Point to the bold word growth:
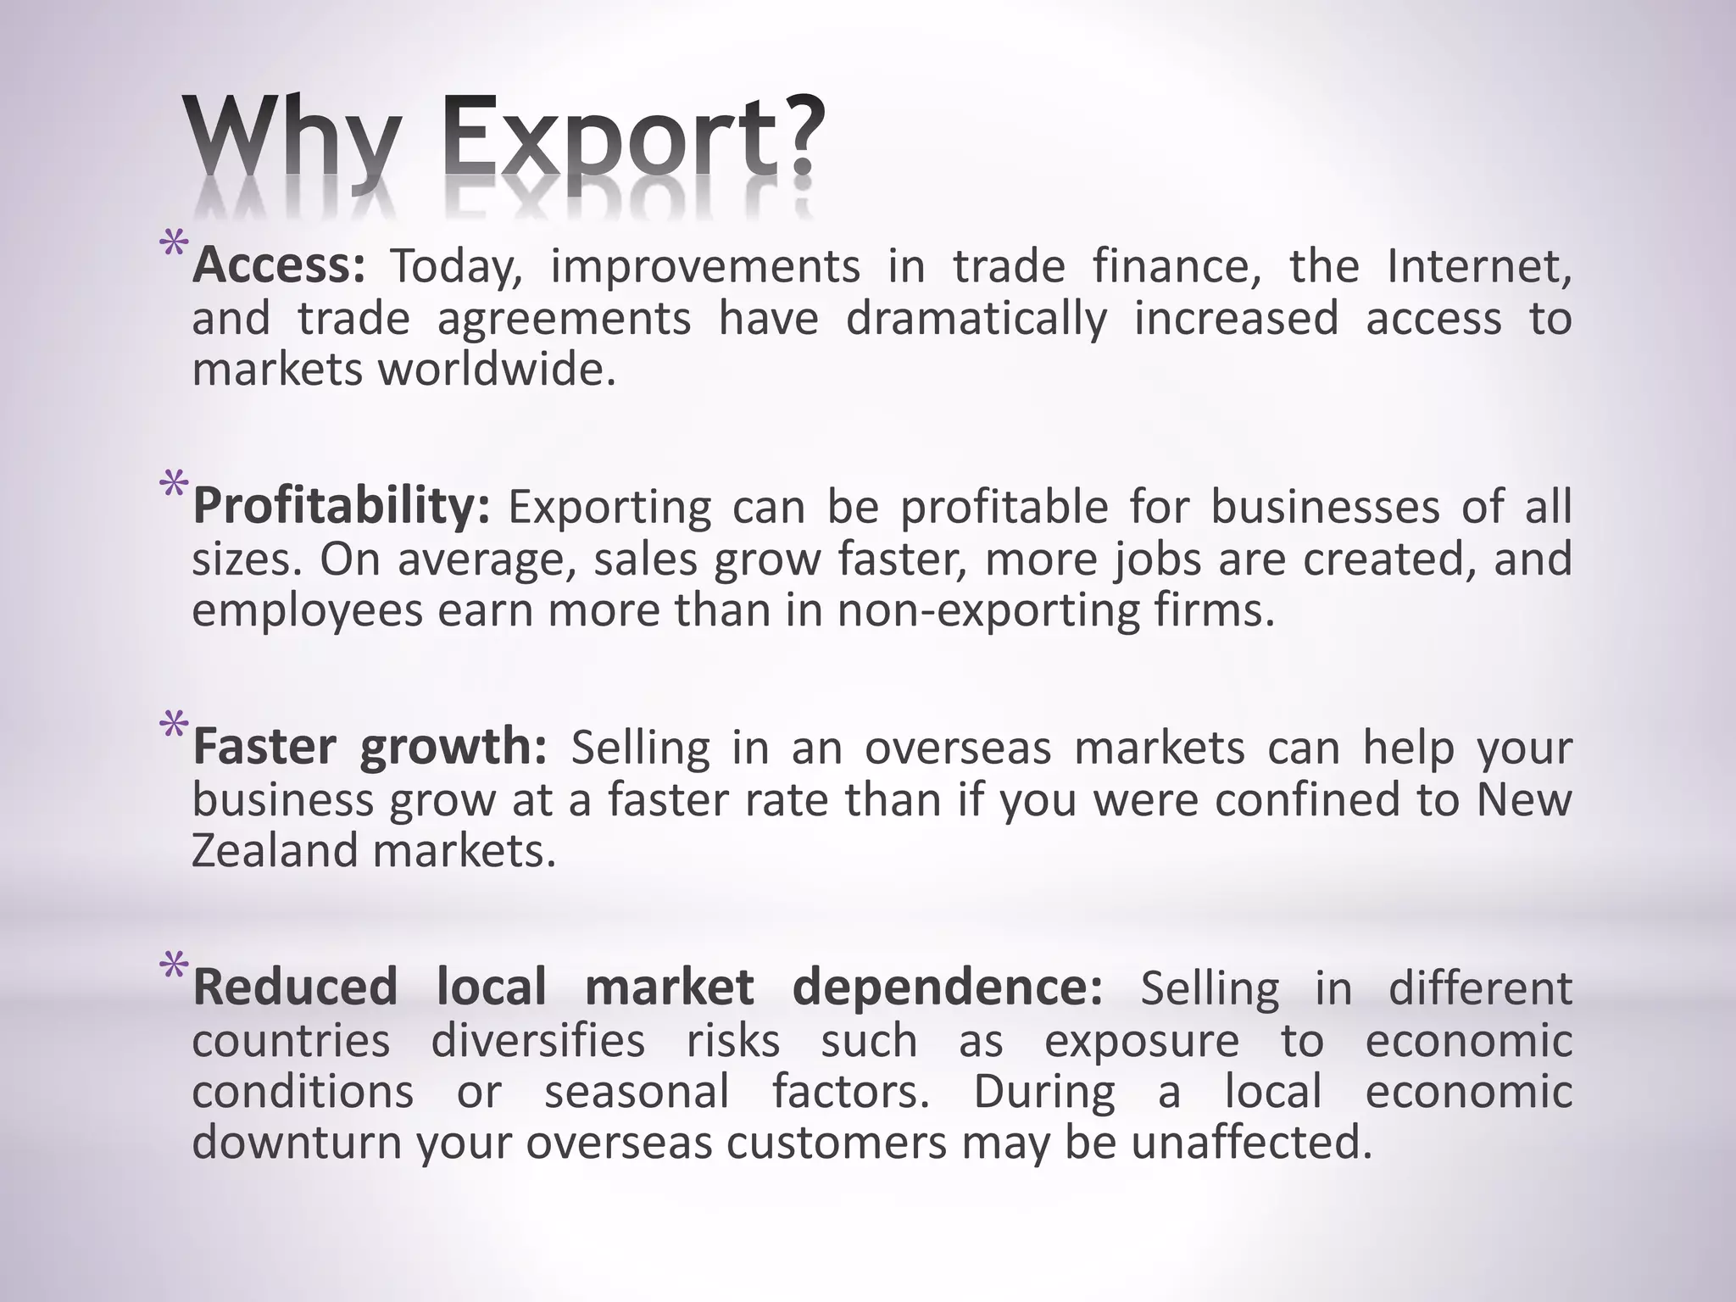click(x=453, y=748)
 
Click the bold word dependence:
click(x=948, y=988)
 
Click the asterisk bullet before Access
click(x=174, y=247)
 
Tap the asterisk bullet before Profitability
click(x=174, y=487)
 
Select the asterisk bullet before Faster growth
click(x=174, y=727)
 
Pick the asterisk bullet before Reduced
click(x=174, y=967)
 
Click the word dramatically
click(x=976, y=319)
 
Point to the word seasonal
click(x=637, y=1091)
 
